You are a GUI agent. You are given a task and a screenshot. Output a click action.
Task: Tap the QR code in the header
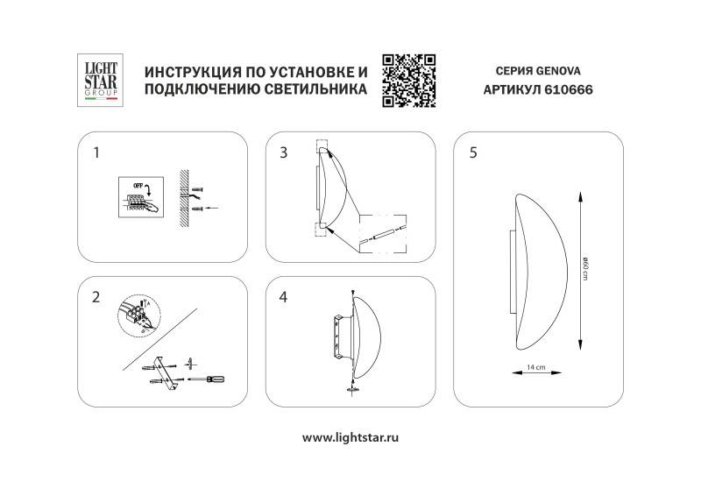[x=409, y=80]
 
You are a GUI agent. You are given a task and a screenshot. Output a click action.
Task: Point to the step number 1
[x=96, y=152]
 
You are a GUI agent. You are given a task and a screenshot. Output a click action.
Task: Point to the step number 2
[x=96, y=296]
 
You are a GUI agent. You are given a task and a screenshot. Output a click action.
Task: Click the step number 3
[x=283, y=152]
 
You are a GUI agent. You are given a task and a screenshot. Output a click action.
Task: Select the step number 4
[x=283, y=296]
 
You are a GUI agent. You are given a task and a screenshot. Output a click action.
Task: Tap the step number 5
[x=473, y=152]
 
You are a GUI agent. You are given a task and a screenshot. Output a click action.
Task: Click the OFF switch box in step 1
[x=139, y=195]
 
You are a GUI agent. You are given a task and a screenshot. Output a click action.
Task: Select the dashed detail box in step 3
[x=384, y=234]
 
